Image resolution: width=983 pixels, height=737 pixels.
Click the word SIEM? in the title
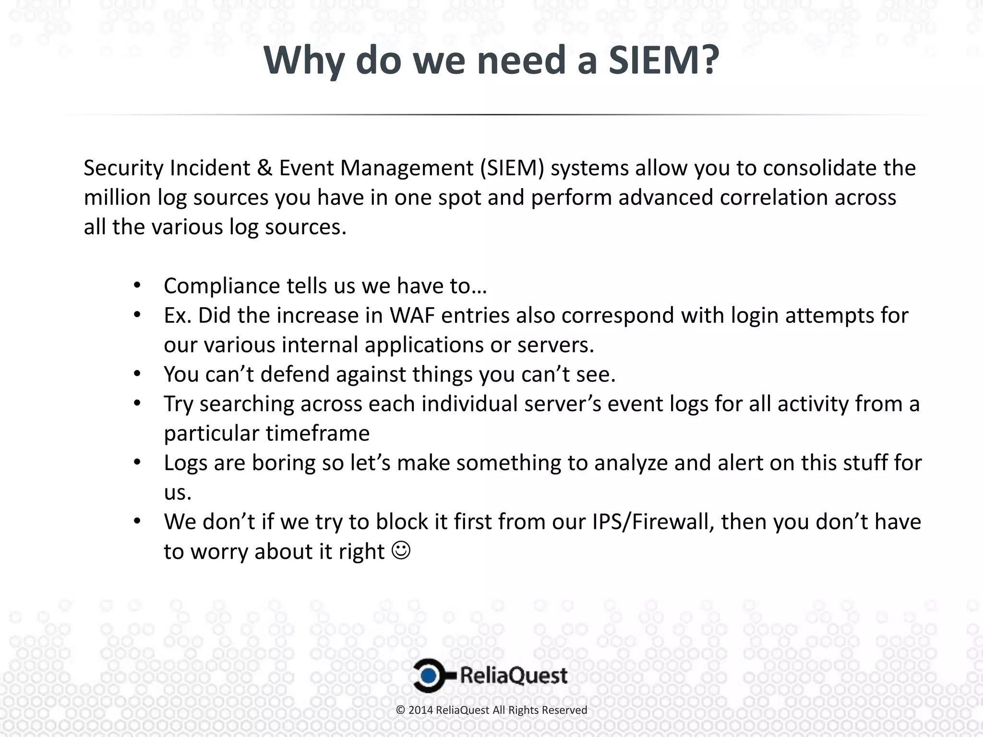pyautogui.click(x=664, y=60)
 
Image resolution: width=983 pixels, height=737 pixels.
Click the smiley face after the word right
pyautogui.click(x=401, y=551)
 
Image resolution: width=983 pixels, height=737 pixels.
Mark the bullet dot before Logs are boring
pyautogui.click(x=137, y=463)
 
